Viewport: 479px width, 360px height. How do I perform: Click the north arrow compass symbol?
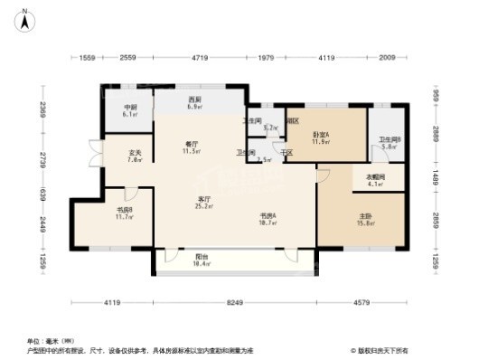(x=26, y=16)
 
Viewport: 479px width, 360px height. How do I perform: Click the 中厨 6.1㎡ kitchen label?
(x=129, y=110)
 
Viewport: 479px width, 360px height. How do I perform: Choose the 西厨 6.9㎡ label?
(x=193, y=103)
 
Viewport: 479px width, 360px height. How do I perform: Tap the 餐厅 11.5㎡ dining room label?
(x=192, y=149)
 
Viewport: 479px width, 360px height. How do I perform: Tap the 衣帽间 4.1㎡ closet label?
(x=375, y=181)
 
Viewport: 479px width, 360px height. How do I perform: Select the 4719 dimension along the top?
(x=200, y=58)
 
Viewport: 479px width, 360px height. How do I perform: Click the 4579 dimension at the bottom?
(x=372, y=301)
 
